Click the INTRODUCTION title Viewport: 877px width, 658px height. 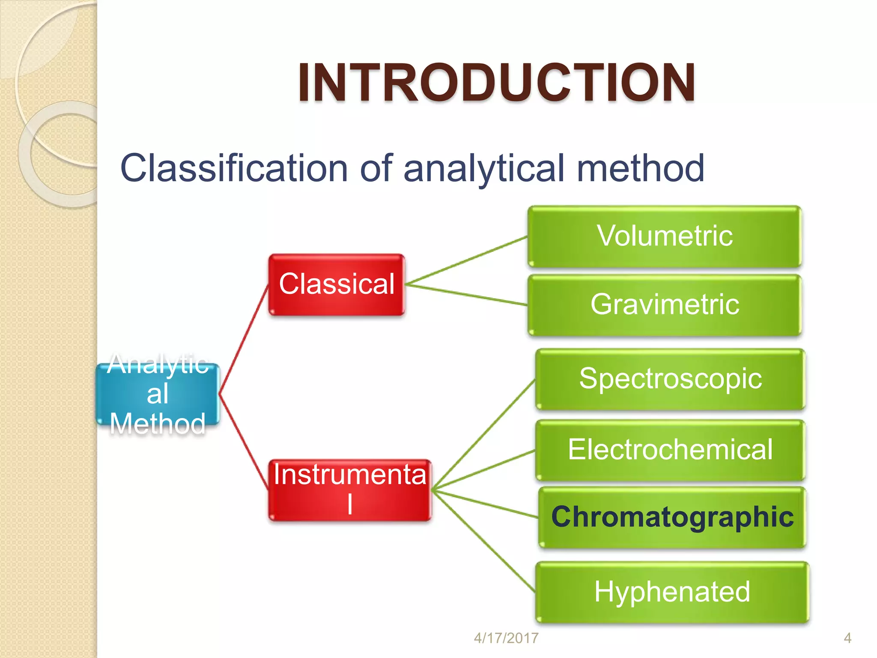497,82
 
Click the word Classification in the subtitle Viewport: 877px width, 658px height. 233,168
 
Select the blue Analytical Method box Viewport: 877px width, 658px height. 158,394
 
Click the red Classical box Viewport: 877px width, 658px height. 337,284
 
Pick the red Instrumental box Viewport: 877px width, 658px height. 349,490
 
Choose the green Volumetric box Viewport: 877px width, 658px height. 664,236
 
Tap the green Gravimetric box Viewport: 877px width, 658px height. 664,305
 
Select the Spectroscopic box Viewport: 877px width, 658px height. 670,379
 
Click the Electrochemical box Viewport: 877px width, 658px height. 670,450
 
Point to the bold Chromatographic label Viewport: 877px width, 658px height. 672,517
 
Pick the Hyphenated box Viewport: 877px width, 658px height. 672,592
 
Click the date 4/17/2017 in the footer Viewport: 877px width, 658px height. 506,638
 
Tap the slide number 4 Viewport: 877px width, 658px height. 847,638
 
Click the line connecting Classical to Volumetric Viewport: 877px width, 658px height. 467,260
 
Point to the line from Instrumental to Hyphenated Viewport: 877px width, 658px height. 484,541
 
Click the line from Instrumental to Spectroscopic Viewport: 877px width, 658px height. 484,434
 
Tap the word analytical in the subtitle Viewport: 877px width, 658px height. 484,168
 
